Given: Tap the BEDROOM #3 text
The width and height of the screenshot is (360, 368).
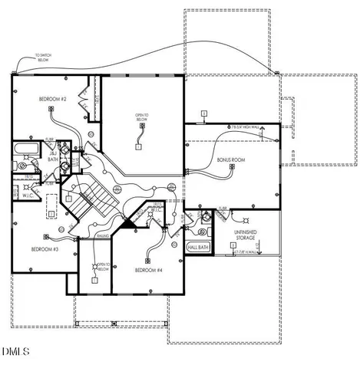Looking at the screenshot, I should pyautogui.click(x=44, y=249).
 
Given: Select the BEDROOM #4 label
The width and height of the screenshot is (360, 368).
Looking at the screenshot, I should pyautogui.click(x=148, y=270).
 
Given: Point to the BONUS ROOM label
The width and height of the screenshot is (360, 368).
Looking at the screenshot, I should pyautogui.click(x=230, y=160).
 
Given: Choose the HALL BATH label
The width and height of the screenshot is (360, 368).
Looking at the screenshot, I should pyautogui.click(x=197, y=248).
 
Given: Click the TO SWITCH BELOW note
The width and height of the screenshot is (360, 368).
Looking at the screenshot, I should pyautogui.click(x=45, y=58).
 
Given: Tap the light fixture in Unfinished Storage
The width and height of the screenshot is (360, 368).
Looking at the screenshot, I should pyautogui.click(x=233, y=245).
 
